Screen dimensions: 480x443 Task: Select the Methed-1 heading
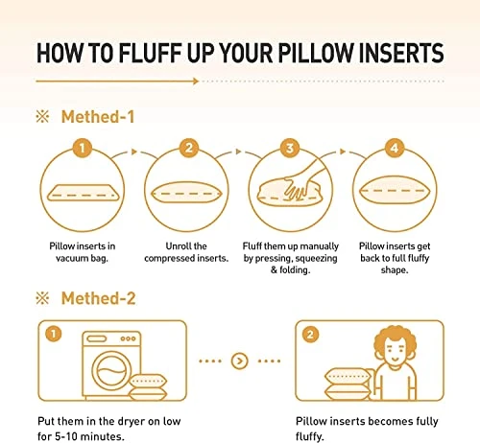pyautogui.click(x=98, y=117)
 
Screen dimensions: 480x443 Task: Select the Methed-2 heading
pyautogui.click(x=99, y=298)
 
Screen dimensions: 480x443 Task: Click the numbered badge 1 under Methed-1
pyautogui.click(x=83, y=148)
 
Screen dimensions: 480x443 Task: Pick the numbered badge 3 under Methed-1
pyautogui.click(x=290, y=148)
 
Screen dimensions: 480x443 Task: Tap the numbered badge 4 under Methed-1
pyautogui.click(x=395, y=148)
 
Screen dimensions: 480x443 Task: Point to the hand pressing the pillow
pyautogui.click(x=303, y=182)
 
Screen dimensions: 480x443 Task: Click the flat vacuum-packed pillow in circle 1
pyautogui.click(x=83, y=193)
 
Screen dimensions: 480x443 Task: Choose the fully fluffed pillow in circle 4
pyautogui.click(x=395, y=191)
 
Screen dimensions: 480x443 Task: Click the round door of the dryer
pyautogui.click(x=111, y=371)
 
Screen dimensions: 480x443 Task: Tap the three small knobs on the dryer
pyautogui.click(x=128, y=338)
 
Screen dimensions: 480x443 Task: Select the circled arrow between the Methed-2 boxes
pyautogui.click(x=239, y=361)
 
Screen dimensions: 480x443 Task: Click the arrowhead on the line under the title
pyautogui.click(x=196, y=82)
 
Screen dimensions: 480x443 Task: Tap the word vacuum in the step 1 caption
pyautogui.click(x=71, y=258)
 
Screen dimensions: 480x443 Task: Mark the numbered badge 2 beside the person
pyautogui.click(x=310, y=335)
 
